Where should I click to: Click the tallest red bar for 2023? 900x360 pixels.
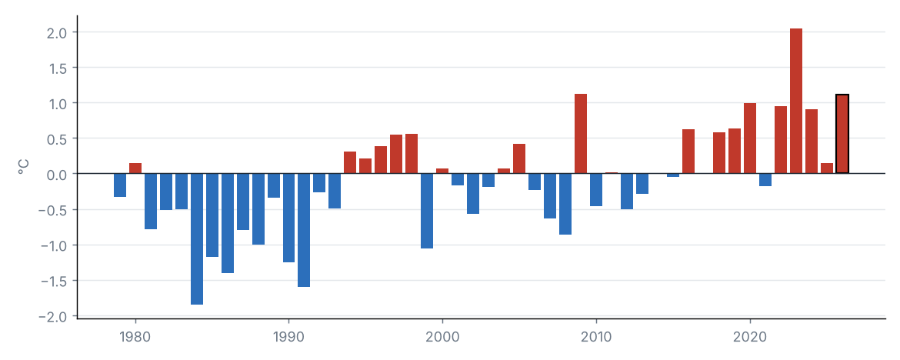tap(795, 101)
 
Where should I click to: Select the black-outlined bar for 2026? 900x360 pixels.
tap(842, 134)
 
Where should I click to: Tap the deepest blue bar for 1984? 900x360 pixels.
tap(197, 239)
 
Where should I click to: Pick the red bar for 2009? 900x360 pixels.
tap(580, 134)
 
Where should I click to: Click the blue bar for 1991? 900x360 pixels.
tap(304, 230)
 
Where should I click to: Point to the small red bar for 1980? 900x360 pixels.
tap(135, 168)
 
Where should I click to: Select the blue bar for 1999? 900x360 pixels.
tap(426, 211)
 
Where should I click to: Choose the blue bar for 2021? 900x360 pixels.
tap(765, 180)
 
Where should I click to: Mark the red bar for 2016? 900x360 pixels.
tap(688, 152)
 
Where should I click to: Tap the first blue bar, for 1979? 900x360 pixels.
tap(120, 185)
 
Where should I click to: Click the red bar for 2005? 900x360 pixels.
tap(519, 158)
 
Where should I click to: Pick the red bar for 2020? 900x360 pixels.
tap(750, 138)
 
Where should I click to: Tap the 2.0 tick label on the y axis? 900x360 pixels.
tap(58, 32)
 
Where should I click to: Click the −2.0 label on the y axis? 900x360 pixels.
tap(53, 316)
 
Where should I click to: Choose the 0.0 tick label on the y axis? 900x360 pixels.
tap(58, 174)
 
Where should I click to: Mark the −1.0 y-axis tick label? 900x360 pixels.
tap(53, 245)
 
